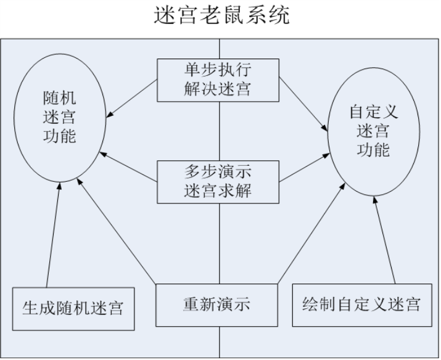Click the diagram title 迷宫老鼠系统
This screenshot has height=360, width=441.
tap(221, 15)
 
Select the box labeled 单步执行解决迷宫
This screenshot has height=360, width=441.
tap(217, 80)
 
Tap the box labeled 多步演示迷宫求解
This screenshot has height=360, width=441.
tap(217, 181)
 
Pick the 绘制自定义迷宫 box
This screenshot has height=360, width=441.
tap(361, 304)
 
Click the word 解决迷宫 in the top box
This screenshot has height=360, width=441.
tap(217, 90)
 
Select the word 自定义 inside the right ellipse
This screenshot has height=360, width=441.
tap(374, 112)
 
